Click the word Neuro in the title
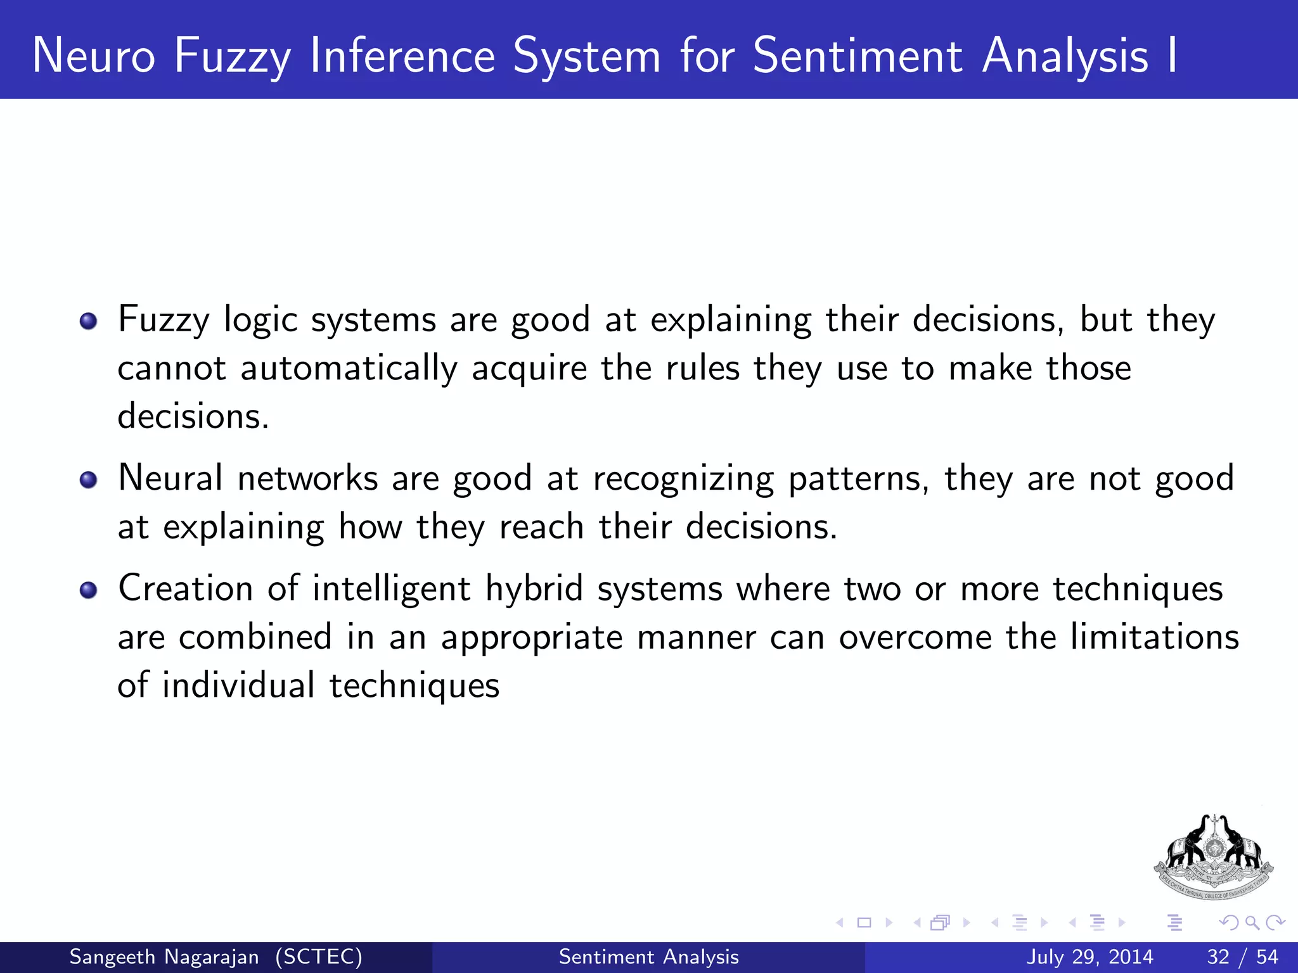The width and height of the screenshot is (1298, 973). [94, 56]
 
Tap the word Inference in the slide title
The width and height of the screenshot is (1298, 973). [402, 56]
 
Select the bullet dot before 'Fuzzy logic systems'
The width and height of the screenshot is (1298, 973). [89, 321]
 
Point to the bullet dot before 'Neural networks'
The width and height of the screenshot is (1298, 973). [89, 480]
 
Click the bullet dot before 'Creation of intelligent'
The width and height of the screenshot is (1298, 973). [89, 590]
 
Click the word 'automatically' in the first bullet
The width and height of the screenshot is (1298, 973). [349, 369]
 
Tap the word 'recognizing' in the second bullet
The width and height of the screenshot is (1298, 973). [683, 480]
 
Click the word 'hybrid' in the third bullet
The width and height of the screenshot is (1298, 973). [534, 589]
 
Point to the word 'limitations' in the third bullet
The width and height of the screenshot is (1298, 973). [1154, 637]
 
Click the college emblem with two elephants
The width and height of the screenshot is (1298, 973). [1213, 856]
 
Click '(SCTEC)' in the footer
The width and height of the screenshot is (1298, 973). [319, 957]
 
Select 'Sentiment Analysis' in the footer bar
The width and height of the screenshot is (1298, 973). [648, 957]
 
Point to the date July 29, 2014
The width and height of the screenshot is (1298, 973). [1089, 957]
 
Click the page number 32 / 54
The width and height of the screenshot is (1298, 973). [1242, 957]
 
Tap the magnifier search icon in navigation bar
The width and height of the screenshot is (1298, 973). [1252, 922]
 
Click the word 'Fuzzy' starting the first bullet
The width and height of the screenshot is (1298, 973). [164, 320]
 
